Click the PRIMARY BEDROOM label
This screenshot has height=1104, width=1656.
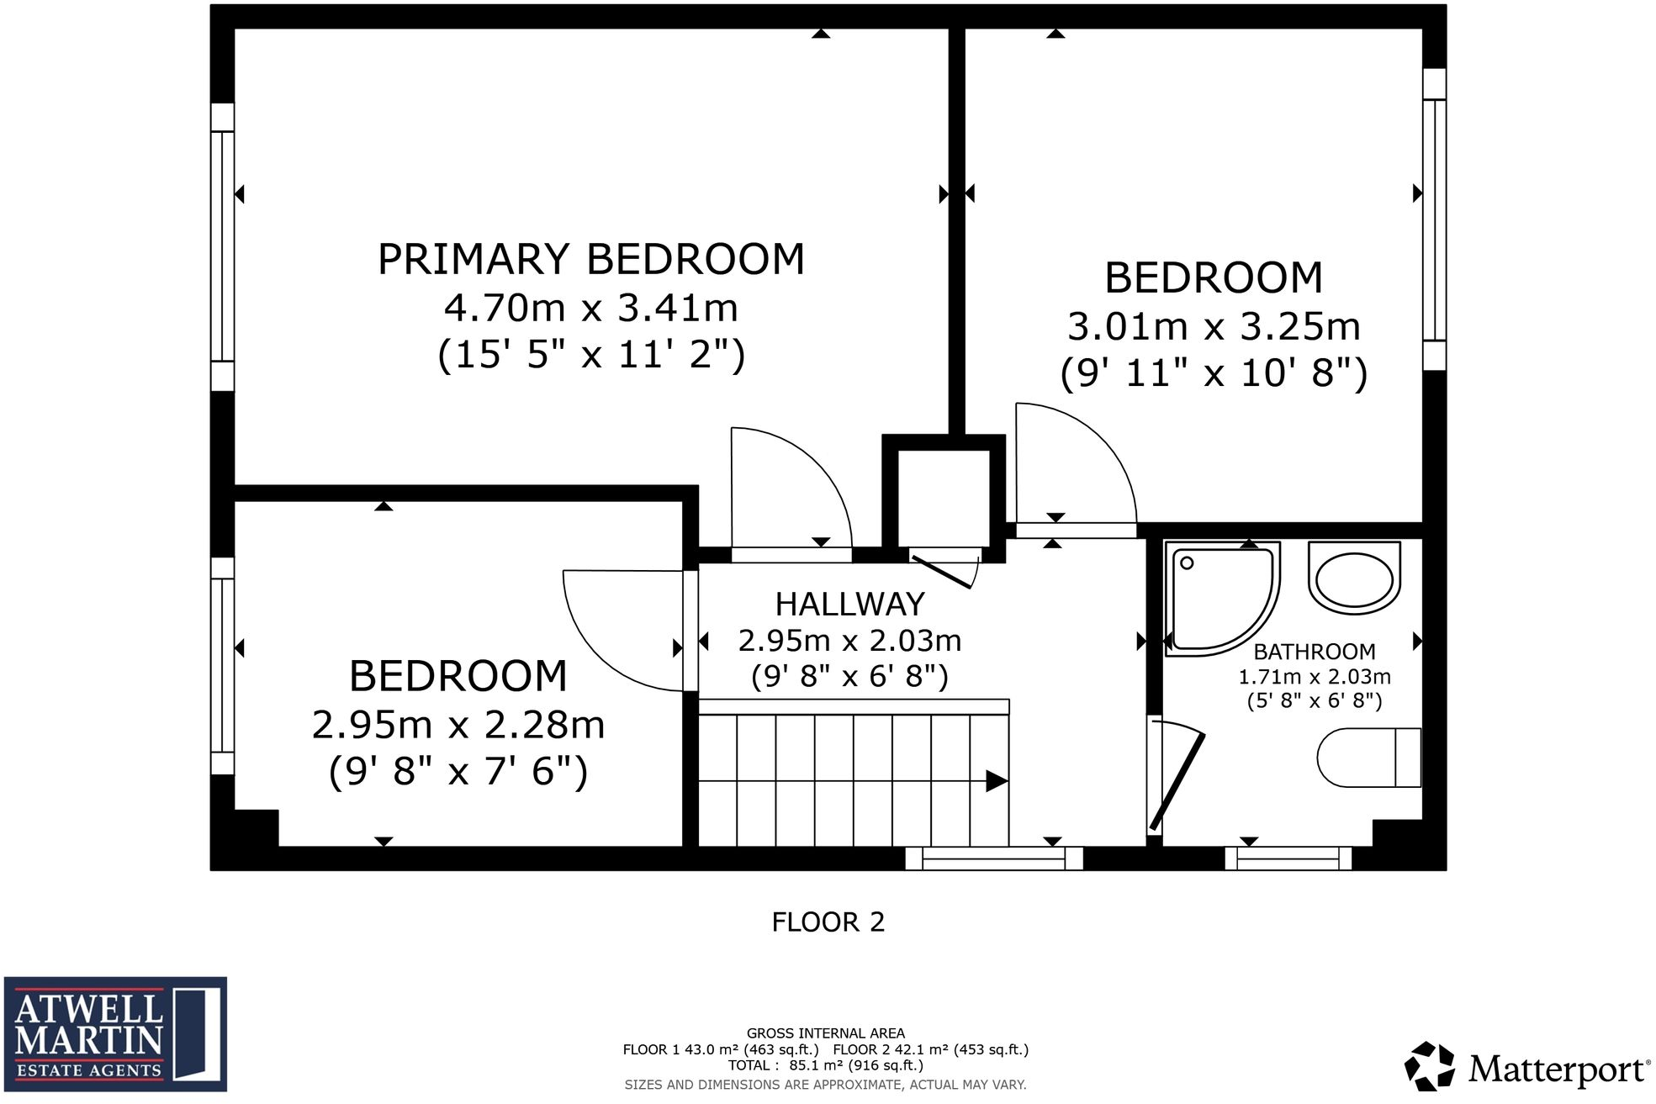point(590,259)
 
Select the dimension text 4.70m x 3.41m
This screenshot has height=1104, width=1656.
point(590,308)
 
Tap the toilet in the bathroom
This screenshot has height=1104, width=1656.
point(1368,757)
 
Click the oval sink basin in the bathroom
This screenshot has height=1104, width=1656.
point(1354,578)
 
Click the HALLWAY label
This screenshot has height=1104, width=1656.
point(849,605)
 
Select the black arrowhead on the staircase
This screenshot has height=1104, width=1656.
point(996,781)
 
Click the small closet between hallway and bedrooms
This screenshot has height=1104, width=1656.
point(944,498)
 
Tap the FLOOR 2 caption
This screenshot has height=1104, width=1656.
point(828,922)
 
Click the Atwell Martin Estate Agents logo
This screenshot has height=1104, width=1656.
point(115,1033)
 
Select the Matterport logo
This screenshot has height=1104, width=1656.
point(1526,1068)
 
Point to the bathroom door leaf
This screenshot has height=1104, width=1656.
point(1177,782)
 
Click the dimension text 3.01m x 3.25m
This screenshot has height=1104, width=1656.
point(1213,326)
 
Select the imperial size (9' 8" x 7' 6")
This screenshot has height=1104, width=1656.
point(458,771)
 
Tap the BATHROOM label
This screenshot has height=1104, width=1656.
point(1314,652)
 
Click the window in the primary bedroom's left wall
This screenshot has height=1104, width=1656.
point(222,246)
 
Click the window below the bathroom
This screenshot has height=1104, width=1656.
point(1288,858)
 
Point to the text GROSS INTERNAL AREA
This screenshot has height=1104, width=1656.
point(825,1033)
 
